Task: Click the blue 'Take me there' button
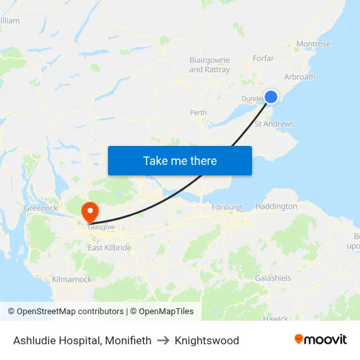click(x=180, y=160)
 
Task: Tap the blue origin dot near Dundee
click(x=271, y=97)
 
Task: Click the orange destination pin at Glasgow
click(x=89, y=211)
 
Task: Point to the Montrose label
click(x=313, y=44)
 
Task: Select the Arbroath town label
click(x=299, y=77)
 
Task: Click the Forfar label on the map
click(x=263, y=58)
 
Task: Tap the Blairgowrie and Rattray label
click(x=209, y=64)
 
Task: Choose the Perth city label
click(x=198, y=113)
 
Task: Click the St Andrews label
click(x=274, y=124)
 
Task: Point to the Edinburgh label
click(x=227, y=207)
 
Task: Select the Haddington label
click(x=276, y=206)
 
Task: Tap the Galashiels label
click(x=273, y=278)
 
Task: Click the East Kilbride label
click(x=109, y=248)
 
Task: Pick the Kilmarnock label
click(x=71, y=279)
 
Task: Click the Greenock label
click(x=41, y=207)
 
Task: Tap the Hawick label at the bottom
click(x=276, y=319)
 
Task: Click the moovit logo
click(x=321, y=340)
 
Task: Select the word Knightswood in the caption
click(x=207, y=340)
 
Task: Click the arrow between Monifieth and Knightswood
click(x=163, y=340)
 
